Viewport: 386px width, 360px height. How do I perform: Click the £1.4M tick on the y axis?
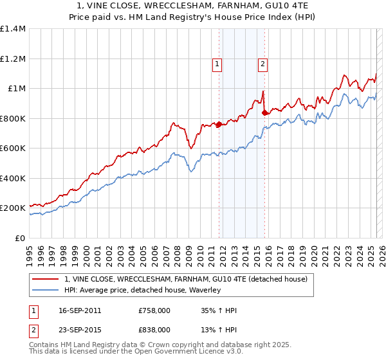(13, 29)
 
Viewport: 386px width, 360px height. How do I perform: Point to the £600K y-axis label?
(13, 148)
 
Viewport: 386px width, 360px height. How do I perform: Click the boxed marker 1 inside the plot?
(217, 64)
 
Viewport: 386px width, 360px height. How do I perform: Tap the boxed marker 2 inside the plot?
(264, 64)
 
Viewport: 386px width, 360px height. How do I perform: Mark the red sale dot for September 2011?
(219, 125)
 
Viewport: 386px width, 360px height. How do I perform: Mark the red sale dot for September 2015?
(264, 113)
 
